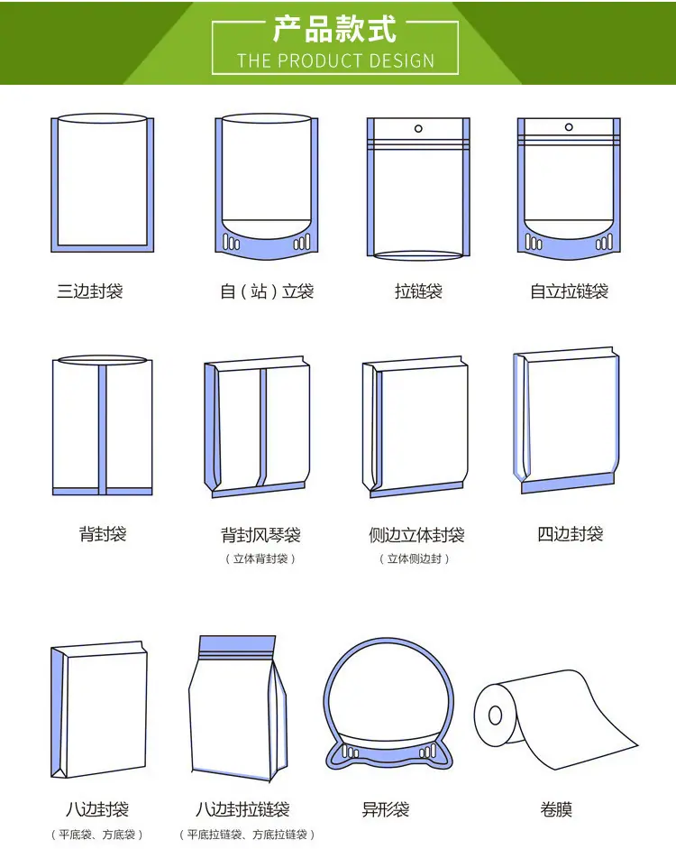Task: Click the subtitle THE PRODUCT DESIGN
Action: pos(335,60)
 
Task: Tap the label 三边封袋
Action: pos(90,291)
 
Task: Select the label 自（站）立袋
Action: pos(267,291)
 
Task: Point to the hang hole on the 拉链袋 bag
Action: pos(418,128)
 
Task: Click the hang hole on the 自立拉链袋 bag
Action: pos(569,126)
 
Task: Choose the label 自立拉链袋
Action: pos(569,291)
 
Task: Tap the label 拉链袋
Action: pos(418,291)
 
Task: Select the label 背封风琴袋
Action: pos(260,535)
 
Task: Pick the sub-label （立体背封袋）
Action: pos(260,558)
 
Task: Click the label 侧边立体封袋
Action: pos(416,535)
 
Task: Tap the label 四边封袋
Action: pos(570,534)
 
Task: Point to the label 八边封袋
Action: pos(97,809)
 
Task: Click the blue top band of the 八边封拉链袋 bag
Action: pos(237,644)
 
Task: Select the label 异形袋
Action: pos(386,809)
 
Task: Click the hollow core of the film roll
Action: pos(495,715)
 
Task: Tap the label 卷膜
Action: pos(556,809)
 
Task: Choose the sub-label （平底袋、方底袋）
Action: pos(96,835)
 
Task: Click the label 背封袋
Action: pos(103,534)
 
